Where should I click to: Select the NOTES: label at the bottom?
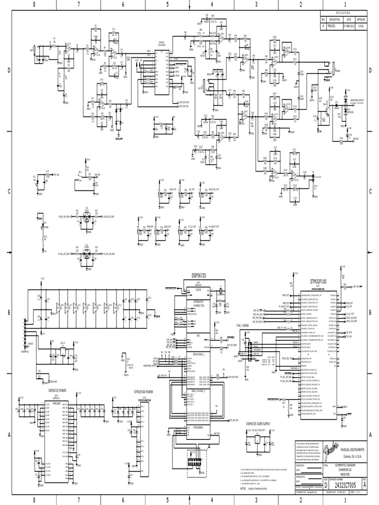pyautogui.click(x=243, y=489)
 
